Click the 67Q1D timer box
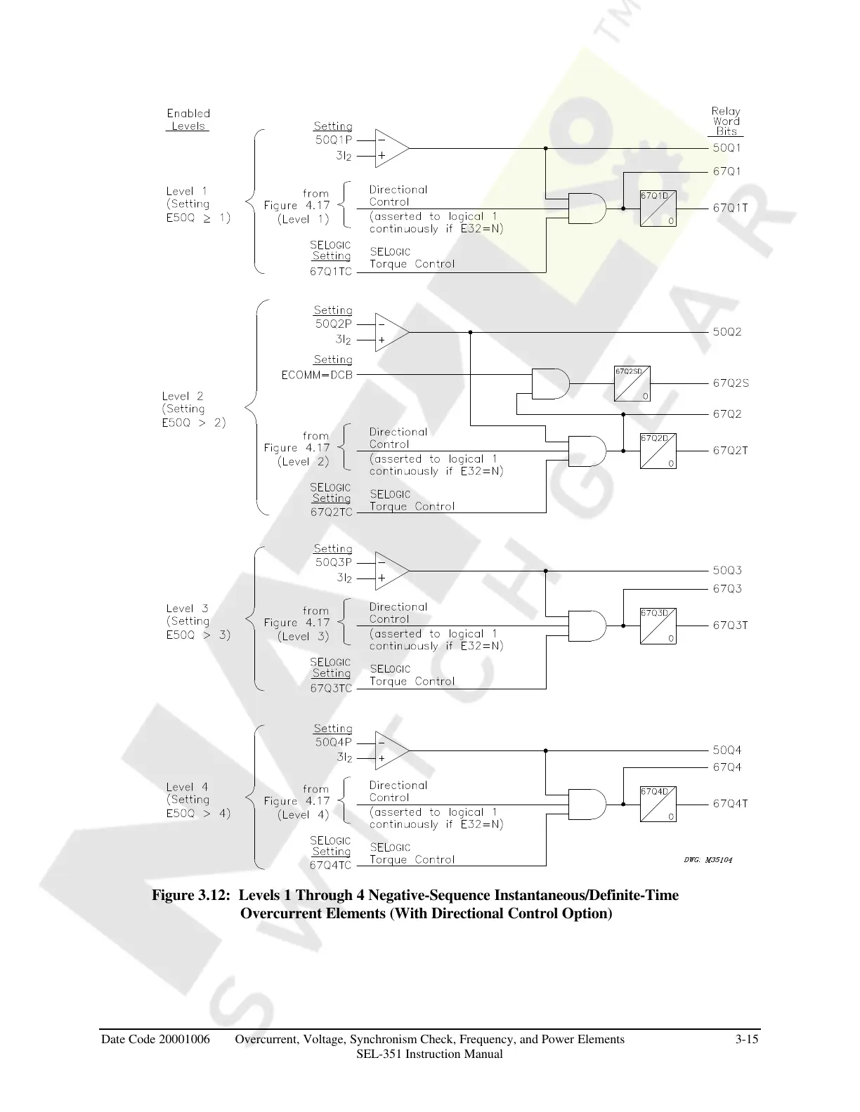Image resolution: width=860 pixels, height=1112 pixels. point(658,208)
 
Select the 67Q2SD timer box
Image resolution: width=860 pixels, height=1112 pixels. point(632,383)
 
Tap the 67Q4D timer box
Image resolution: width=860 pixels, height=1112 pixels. point(658,804)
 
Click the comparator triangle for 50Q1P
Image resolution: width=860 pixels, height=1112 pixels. point(390,148)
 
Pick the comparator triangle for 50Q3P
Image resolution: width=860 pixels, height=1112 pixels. point(390,570)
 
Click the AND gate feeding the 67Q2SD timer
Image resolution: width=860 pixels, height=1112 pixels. point(550,383)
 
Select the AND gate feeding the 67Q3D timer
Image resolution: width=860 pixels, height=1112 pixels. point(587,625)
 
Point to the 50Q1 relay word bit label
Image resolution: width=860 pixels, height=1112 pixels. point(727,148)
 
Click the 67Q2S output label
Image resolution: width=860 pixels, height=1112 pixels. point(731,383)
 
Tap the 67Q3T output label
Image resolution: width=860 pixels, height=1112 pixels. point(731,625)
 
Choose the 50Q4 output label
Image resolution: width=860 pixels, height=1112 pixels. point(727,750)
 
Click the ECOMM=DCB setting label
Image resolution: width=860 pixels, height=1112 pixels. point(317,375)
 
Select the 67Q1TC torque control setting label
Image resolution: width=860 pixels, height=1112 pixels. point(331,272)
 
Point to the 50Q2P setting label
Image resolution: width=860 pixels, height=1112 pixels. point(334,324)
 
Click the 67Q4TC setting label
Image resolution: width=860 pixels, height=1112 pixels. point(331,866)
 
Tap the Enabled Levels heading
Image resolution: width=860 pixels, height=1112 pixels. point(188,119)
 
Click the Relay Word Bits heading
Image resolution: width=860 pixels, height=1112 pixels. point(726,121)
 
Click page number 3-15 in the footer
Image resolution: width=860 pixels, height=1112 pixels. point(746,1040)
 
